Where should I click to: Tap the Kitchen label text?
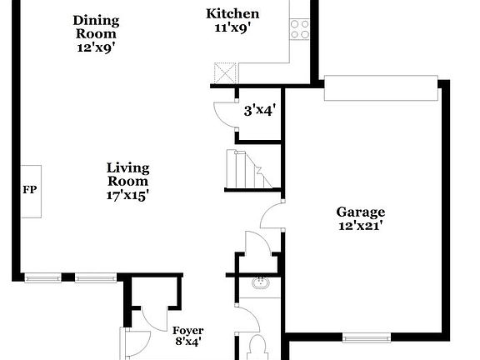tap(232, 13)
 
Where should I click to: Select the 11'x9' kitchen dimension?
tap(232, 27)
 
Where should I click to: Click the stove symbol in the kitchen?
tap(300, 29)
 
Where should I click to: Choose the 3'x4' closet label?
tap(259, 109)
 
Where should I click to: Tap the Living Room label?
tap(127, 174)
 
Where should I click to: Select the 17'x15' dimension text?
tap(127, 195)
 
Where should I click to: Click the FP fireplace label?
tap(29, 189)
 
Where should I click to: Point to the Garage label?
tap(361, 212)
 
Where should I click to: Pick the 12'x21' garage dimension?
tap(361, 225)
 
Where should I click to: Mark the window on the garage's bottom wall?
tap(367, 337)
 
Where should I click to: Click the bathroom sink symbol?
tap(260, 283)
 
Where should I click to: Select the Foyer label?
tap(187, 331)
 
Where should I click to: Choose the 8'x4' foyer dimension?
tap(187, 342)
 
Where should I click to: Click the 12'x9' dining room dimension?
tap(96, 47)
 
